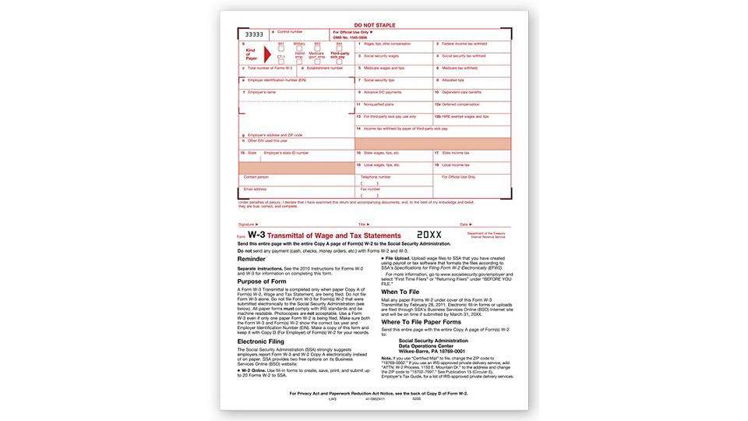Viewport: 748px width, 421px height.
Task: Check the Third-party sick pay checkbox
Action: coord(339,61)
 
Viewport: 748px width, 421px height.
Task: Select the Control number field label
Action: coord(290,32)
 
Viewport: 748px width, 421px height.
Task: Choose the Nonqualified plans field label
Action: coord(377,104)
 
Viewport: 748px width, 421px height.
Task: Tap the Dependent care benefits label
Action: coord(460,92)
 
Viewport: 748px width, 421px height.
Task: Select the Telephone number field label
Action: coord(376,177)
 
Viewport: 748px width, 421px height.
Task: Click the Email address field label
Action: coord(255,189)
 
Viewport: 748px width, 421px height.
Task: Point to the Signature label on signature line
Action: coord(249,224)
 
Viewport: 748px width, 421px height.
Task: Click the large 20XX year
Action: coord(429,235)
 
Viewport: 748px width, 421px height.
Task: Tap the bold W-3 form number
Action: coord(256,235)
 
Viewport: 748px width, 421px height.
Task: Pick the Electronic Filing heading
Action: coord(265,340)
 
